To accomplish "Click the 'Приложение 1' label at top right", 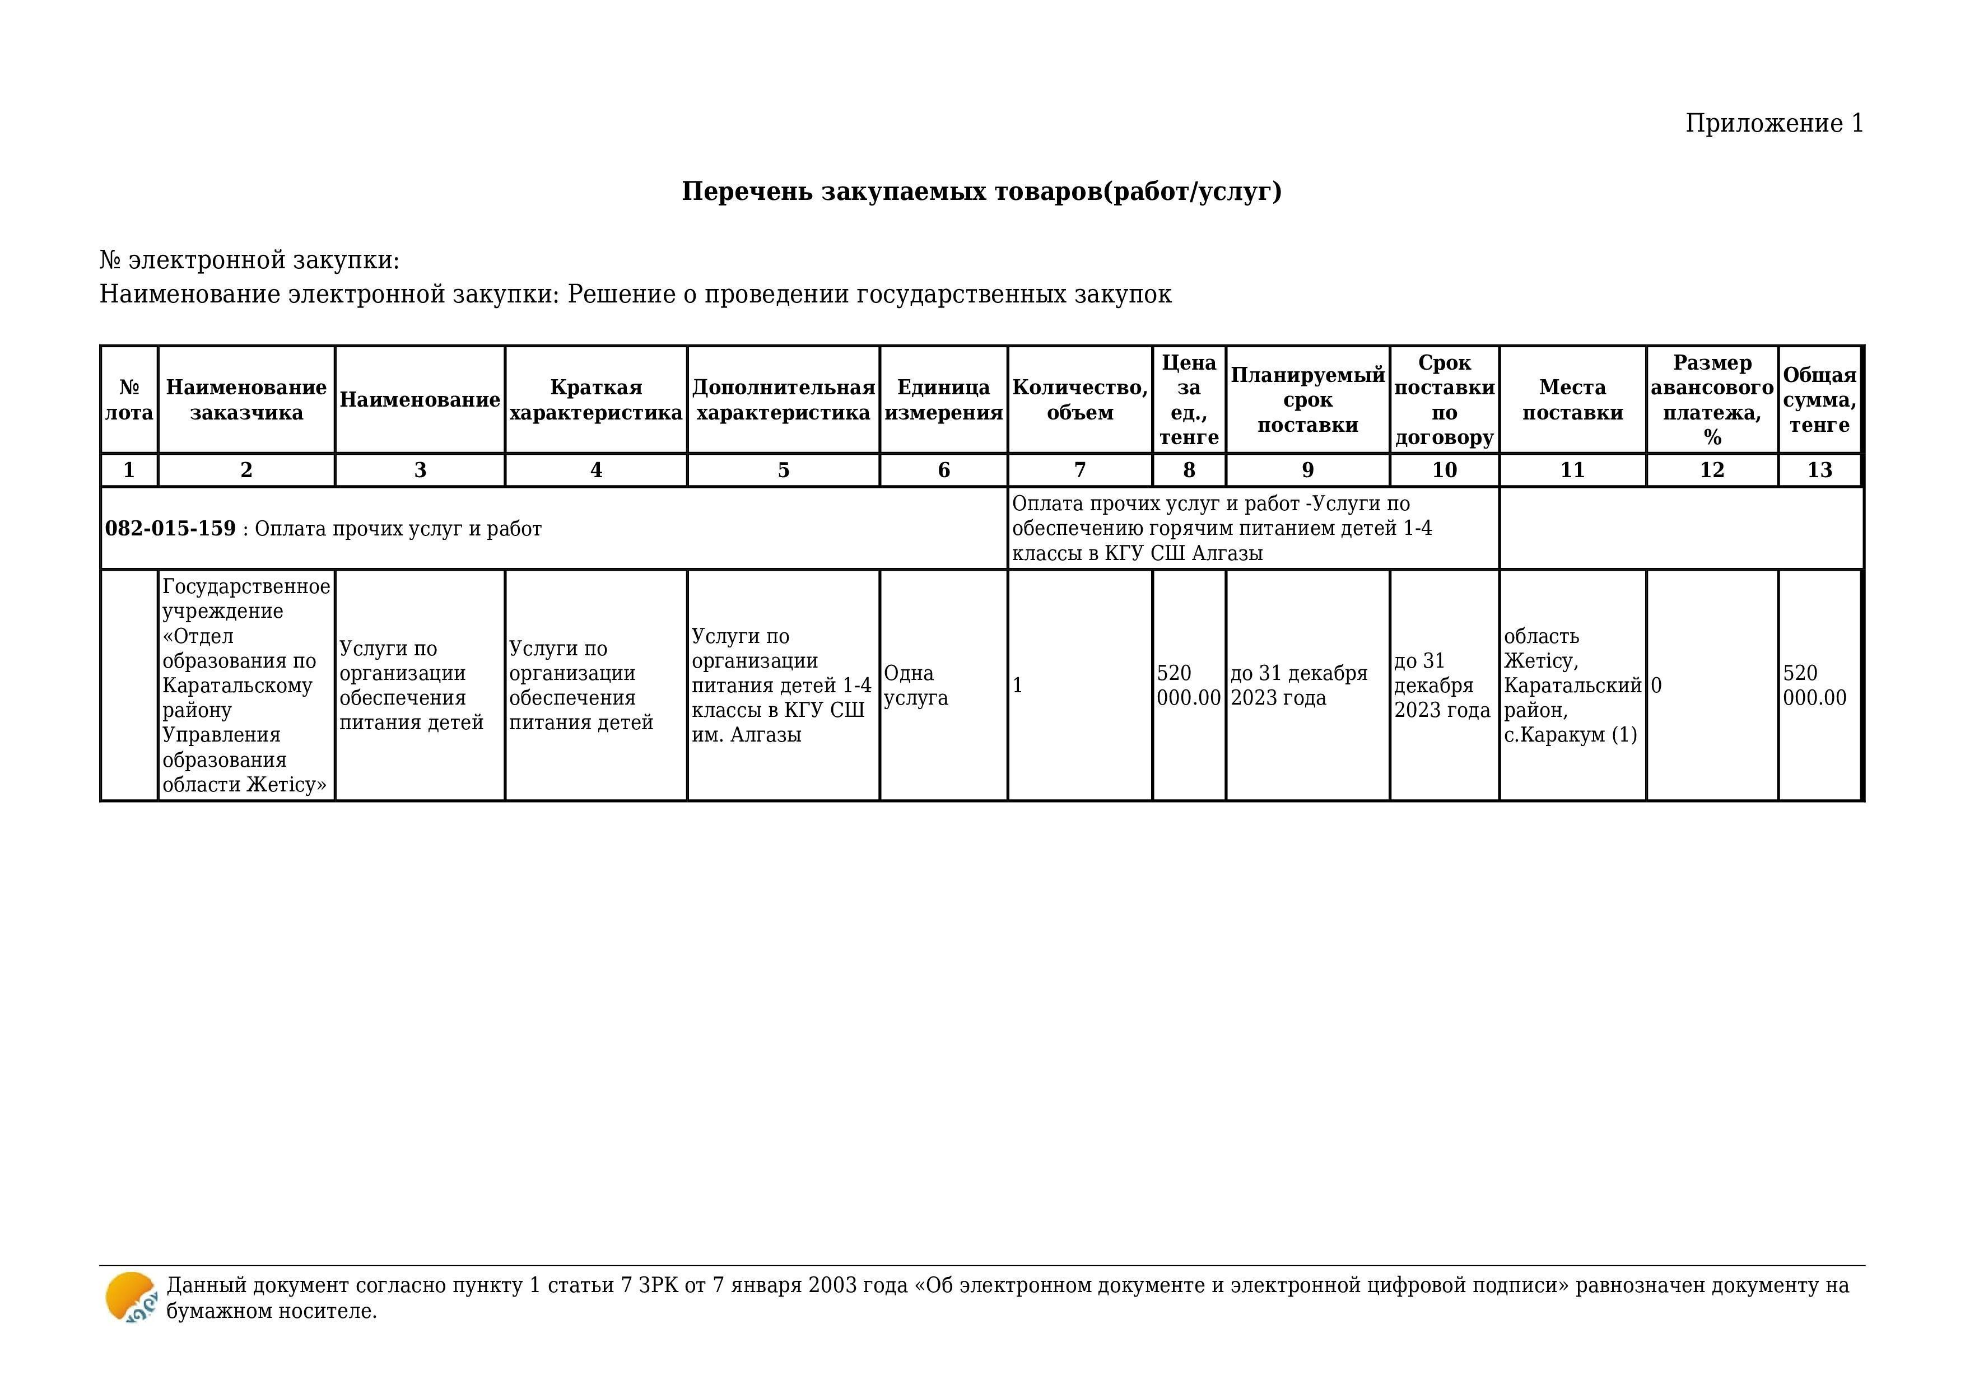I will click(1773, 123).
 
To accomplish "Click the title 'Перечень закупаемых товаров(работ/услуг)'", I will click(981, 191).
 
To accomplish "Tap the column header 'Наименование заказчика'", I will click(246, 400).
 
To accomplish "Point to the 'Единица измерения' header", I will click(943, 400).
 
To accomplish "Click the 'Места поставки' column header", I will click(1572, 400).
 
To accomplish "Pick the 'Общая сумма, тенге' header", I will click(1819, 400).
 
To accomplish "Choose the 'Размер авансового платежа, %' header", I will click(1712, 400).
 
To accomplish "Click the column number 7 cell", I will click(1080, 470).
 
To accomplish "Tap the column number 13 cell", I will click(1819, 470).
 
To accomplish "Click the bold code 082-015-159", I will click(170, 528).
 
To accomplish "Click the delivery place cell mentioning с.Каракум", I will click(1572, 686).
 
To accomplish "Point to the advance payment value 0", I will click(1656, 686).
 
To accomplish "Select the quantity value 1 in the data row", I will click(1018, 686).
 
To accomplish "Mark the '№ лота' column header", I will click(129, 400).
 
